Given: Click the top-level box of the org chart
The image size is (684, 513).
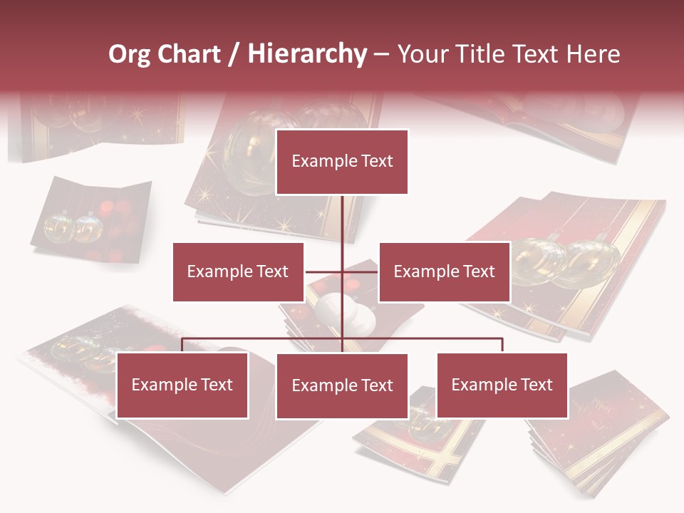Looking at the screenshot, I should coord(342,162).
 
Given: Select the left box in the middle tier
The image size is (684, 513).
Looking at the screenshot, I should coord(238,271).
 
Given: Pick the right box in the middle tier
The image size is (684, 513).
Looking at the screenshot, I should coord(444,271).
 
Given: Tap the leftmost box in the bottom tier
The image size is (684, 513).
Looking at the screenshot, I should coord(182,385).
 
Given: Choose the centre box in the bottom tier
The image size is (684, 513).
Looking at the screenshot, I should coord(342,385).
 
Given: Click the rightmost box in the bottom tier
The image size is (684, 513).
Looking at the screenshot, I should coord(502,385).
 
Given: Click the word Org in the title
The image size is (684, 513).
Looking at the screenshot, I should coord(128,54).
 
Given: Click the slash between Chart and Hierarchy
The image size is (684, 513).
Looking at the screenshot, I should coord(233,54).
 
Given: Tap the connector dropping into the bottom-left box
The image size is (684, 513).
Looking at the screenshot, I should coord(182,345).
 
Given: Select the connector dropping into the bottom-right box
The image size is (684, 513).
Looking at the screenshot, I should coord(502,345).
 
